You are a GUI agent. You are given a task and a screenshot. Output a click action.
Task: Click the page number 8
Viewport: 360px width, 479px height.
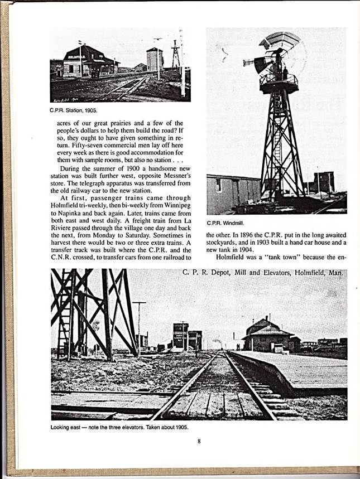point(198,442)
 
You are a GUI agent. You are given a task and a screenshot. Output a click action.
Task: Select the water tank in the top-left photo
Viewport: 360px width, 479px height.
point(155,59)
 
